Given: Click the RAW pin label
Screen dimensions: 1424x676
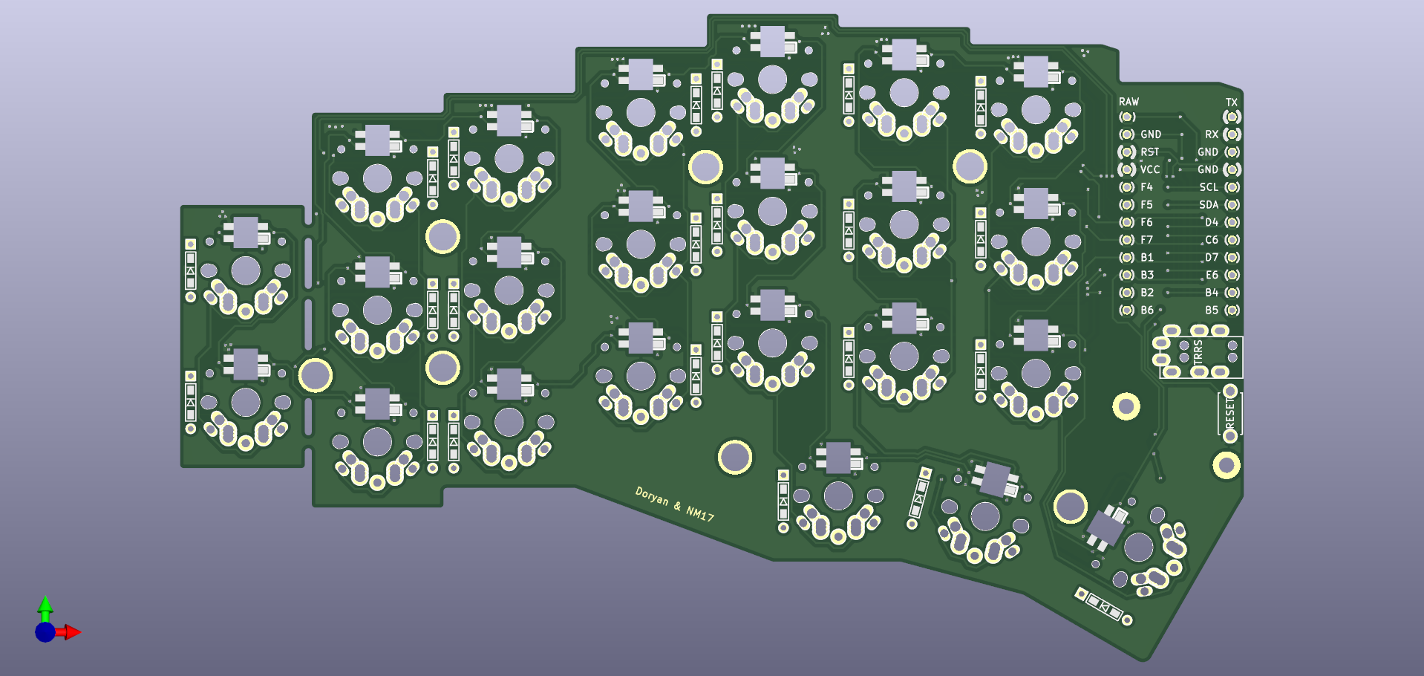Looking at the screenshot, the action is [x=1129, y=102].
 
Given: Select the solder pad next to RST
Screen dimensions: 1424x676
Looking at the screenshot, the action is [x=1127, y=152].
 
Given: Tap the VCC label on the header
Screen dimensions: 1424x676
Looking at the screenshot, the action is [x=1149, y=169].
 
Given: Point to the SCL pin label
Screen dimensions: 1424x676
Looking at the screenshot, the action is [x=1209, y=187].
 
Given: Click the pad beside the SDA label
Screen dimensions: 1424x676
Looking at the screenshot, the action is [x=1232, y=205].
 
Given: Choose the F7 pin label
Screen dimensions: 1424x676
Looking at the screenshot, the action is [x=1146, y=240].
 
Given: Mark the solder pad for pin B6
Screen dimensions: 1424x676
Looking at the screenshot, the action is [x=1127, y=311].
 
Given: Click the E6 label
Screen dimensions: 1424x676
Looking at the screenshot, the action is [x=1212, y=275].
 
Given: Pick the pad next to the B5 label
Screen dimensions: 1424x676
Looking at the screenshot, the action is [x=1232, y=311].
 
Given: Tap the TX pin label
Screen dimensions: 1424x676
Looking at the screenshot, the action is [x=1232, y=103].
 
